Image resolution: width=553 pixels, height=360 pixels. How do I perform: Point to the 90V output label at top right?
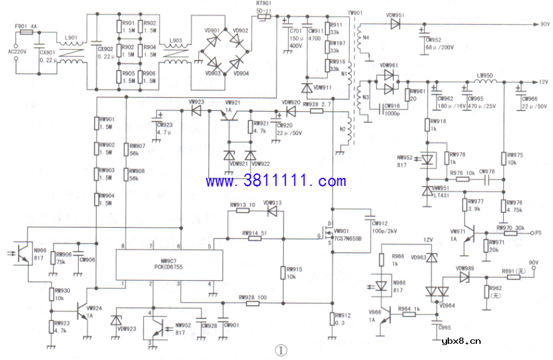click(x=544, y=24)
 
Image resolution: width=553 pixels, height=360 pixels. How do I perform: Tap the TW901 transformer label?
click(x=355, y=12)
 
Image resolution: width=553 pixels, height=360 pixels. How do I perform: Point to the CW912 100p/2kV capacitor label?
click(x=384, y=228)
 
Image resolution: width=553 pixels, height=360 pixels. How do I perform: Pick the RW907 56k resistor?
click(x=127, y=150)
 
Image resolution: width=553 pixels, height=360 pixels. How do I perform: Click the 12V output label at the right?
click(x=543, y=82)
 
